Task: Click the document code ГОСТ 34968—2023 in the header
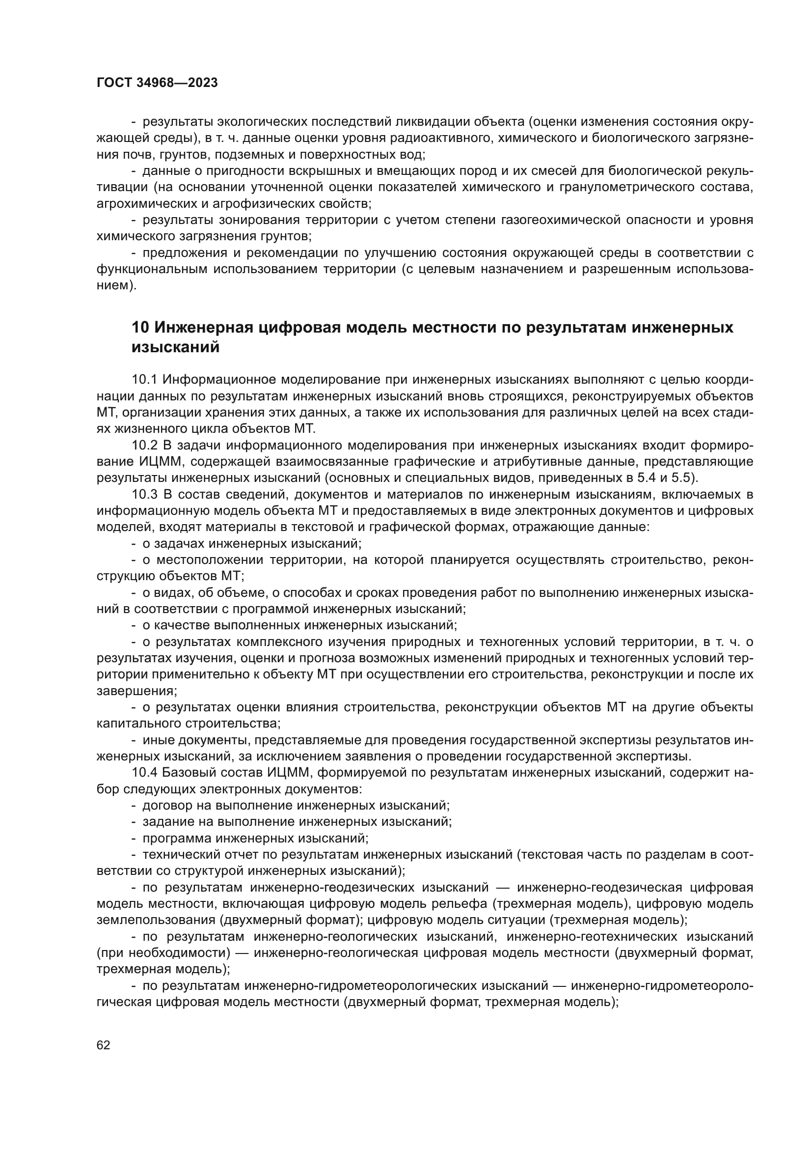157,83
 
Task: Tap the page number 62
104,1045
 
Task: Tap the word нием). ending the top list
116,286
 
